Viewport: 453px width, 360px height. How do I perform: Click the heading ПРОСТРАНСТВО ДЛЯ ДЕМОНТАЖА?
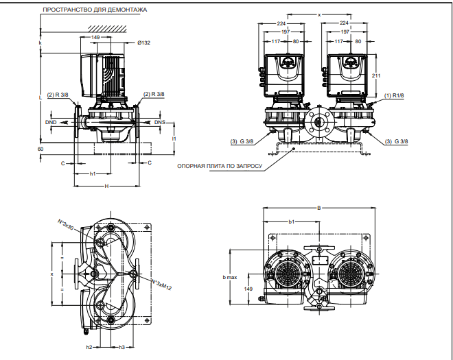pos(94,10)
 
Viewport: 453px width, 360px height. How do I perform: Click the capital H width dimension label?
pos(106,186)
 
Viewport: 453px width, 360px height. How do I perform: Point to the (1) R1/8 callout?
pos(396,95)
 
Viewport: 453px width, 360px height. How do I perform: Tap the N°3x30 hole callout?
pos(67,226)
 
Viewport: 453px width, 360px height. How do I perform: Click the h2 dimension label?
pos(89,348)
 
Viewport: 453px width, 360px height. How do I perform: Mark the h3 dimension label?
pos(121,348)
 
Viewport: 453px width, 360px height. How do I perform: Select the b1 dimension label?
pos(291,222)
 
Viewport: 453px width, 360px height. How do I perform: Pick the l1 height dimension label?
pos(174,138)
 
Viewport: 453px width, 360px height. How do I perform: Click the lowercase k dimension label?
pos(40,43)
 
